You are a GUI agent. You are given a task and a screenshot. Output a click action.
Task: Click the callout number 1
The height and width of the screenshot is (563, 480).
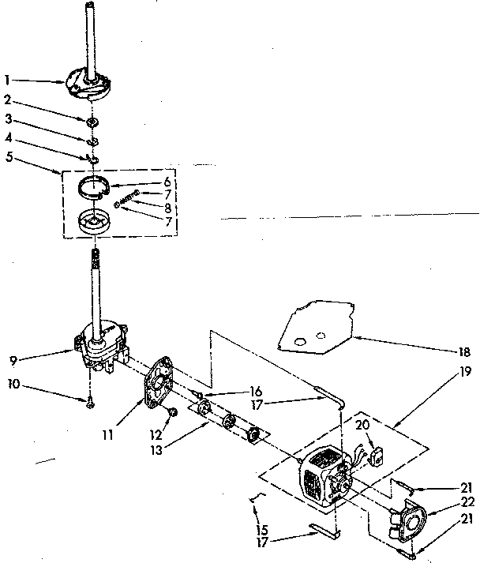(x=7, y=80)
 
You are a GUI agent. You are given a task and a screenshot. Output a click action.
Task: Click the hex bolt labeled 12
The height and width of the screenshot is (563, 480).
(x=172, y=412)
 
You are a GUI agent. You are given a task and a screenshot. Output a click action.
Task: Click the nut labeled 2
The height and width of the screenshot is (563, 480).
(x=92, y=121)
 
